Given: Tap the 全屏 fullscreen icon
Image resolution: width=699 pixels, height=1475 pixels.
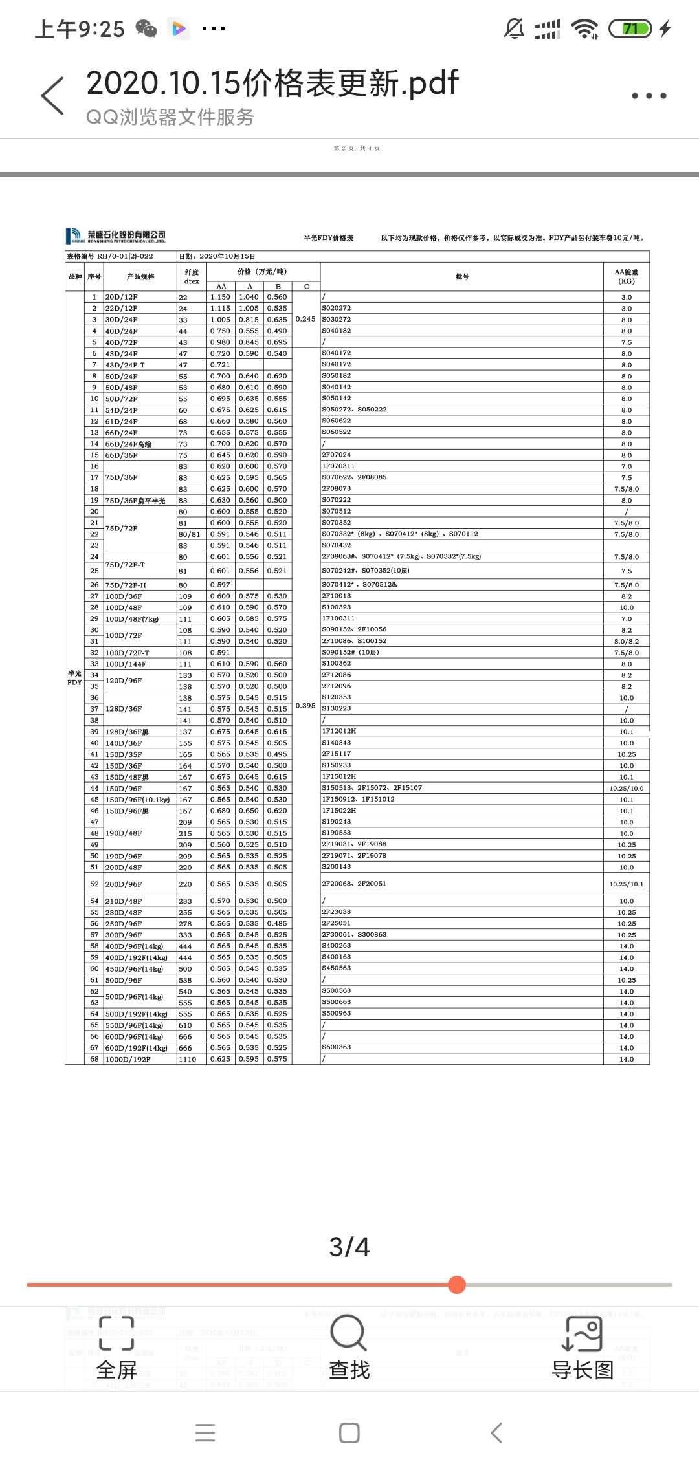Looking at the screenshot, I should point(116,1335).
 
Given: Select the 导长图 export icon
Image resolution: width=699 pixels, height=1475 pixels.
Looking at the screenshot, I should point(582,1335).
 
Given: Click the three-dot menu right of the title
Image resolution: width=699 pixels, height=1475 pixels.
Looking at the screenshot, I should point(649,96).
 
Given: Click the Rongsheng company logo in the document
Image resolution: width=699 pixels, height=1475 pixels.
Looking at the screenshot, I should point(116,236).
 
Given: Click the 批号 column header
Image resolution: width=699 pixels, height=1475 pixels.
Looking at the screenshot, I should point(462,277).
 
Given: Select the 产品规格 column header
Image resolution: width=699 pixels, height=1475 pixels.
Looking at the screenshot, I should point(140,277).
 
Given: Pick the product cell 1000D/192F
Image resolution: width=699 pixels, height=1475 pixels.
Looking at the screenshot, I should point(128,1059).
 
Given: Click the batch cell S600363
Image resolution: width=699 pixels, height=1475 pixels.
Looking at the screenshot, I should point(337,1047).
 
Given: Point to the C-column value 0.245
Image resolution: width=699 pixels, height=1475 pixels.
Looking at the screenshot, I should point(305,319).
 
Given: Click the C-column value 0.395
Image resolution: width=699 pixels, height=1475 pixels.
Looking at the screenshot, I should point(305,705).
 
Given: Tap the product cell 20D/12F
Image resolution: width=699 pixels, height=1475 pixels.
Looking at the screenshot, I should point(122,297).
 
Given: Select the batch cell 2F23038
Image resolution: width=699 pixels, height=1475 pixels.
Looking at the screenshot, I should point(337,912).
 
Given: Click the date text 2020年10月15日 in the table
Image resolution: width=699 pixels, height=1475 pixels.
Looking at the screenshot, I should point(227,256).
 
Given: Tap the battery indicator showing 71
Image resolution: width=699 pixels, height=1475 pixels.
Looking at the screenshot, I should point(630,28).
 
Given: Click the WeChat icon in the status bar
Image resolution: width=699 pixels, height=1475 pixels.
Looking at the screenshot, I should point(146,28).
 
